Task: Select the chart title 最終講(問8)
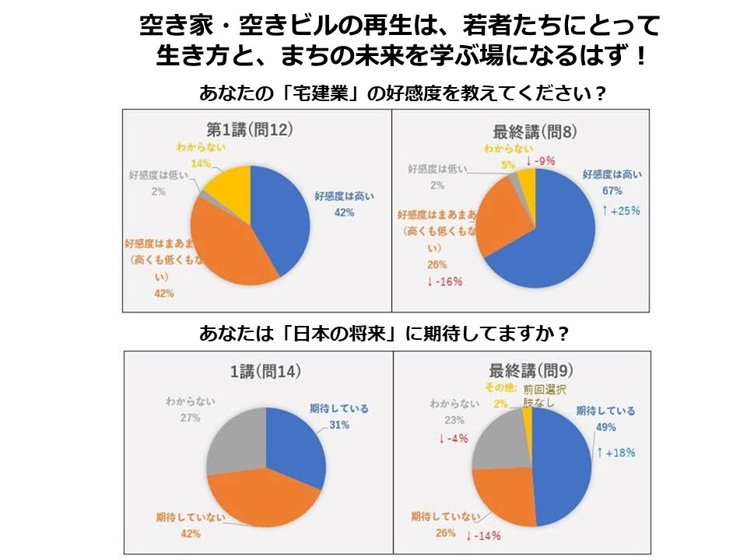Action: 535,131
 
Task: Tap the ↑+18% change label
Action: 615,452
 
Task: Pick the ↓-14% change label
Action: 482,535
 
